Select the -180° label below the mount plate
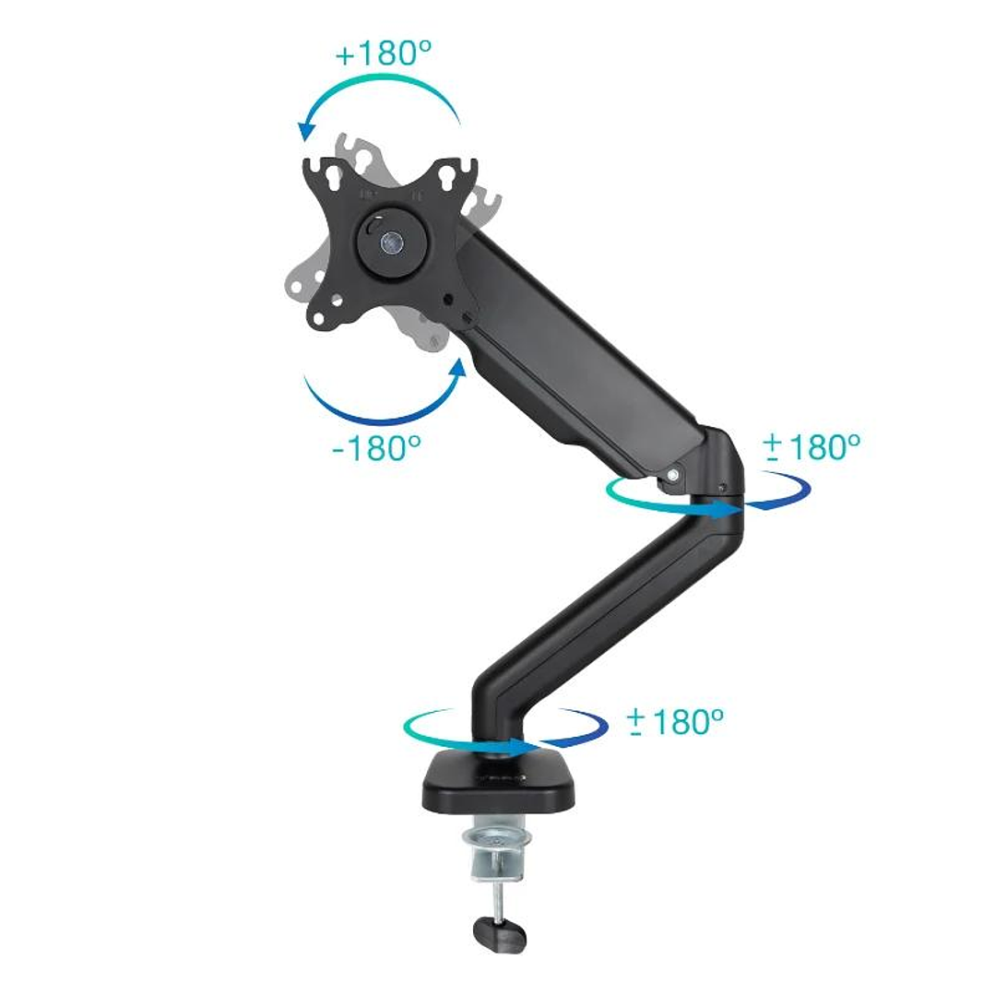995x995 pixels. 376,448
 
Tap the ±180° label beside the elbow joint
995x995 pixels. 811,447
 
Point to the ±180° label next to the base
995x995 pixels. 674,721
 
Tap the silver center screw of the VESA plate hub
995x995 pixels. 391,243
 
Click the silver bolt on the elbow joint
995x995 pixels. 674,474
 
